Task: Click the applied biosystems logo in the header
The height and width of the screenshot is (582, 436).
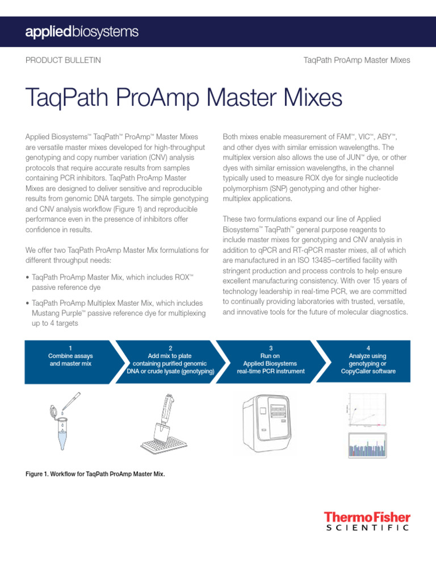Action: click(82, 32)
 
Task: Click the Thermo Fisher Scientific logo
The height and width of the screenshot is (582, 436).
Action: click(367, 521)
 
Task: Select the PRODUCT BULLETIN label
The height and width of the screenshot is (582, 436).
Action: click(63, 60)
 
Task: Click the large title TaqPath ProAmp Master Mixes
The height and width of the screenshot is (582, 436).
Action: click(184, 98)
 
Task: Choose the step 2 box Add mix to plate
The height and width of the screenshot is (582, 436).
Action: click(170, 359)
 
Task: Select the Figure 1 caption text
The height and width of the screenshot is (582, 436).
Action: click(95, 473)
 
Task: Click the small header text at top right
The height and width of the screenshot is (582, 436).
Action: click(357, 60)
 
